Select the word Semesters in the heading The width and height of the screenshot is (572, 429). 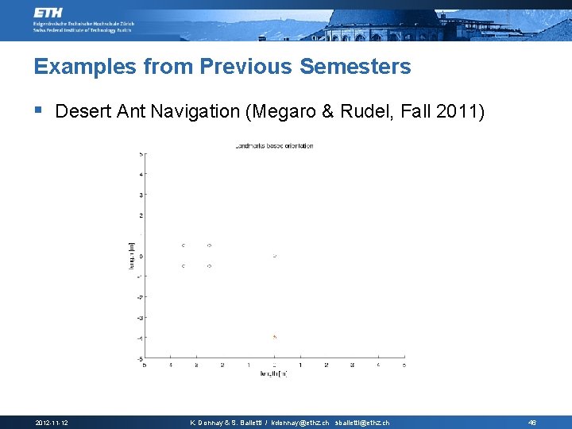355,67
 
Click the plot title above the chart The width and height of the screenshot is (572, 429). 274,145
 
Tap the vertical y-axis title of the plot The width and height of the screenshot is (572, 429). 132,255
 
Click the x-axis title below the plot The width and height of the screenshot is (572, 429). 273,373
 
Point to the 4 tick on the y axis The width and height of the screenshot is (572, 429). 141,175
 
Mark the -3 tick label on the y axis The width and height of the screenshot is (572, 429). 140,318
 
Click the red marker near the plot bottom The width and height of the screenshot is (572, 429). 274,337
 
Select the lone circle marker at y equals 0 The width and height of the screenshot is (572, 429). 274,257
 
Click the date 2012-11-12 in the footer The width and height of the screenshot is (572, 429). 52,422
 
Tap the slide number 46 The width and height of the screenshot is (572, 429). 532,422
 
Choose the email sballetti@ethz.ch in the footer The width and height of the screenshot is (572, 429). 362,422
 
